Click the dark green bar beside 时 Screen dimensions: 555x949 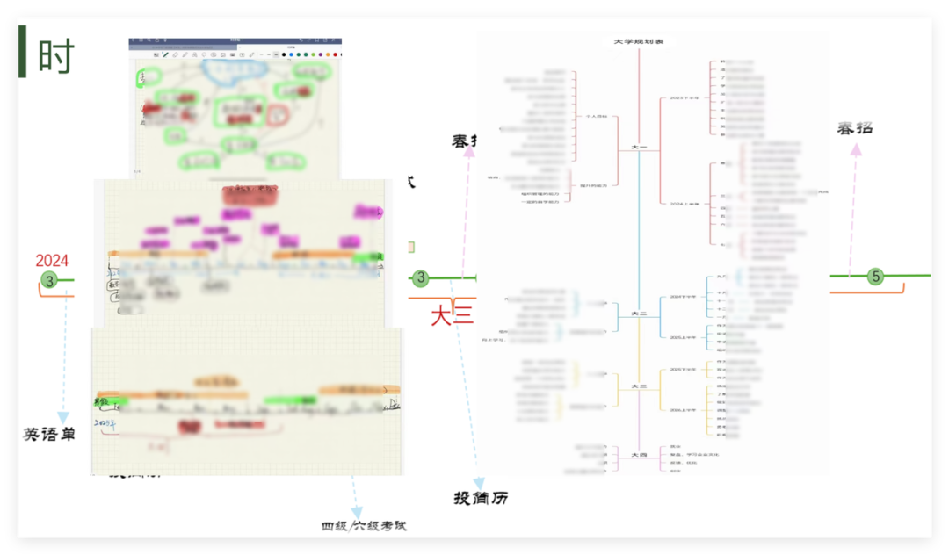click(22, 52)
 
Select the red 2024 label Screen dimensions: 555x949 click(52, 261)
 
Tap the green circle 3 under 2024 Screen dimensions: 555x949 click(50, 280)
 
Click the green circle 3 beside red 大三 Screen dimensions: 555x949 click(421, 278)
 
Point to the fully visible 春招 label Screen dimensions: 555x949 click(854, 128)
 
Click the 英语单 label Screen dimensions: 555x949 click(48, 434)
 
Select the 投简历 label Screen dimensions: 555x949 click(481, 499)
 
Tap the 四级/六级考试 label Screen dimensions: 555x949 click(364, 526)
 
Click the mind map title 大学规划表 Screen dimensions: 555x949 click(638, 41)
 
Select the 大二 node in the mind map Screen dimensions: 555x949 click(639, 312)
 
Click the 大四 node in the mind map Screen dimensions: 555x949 click(639, 455)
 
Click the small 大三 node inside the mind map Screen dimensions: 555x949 click(639, 386)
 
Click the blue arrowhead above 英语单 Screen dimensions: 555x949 click(63, 417)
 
